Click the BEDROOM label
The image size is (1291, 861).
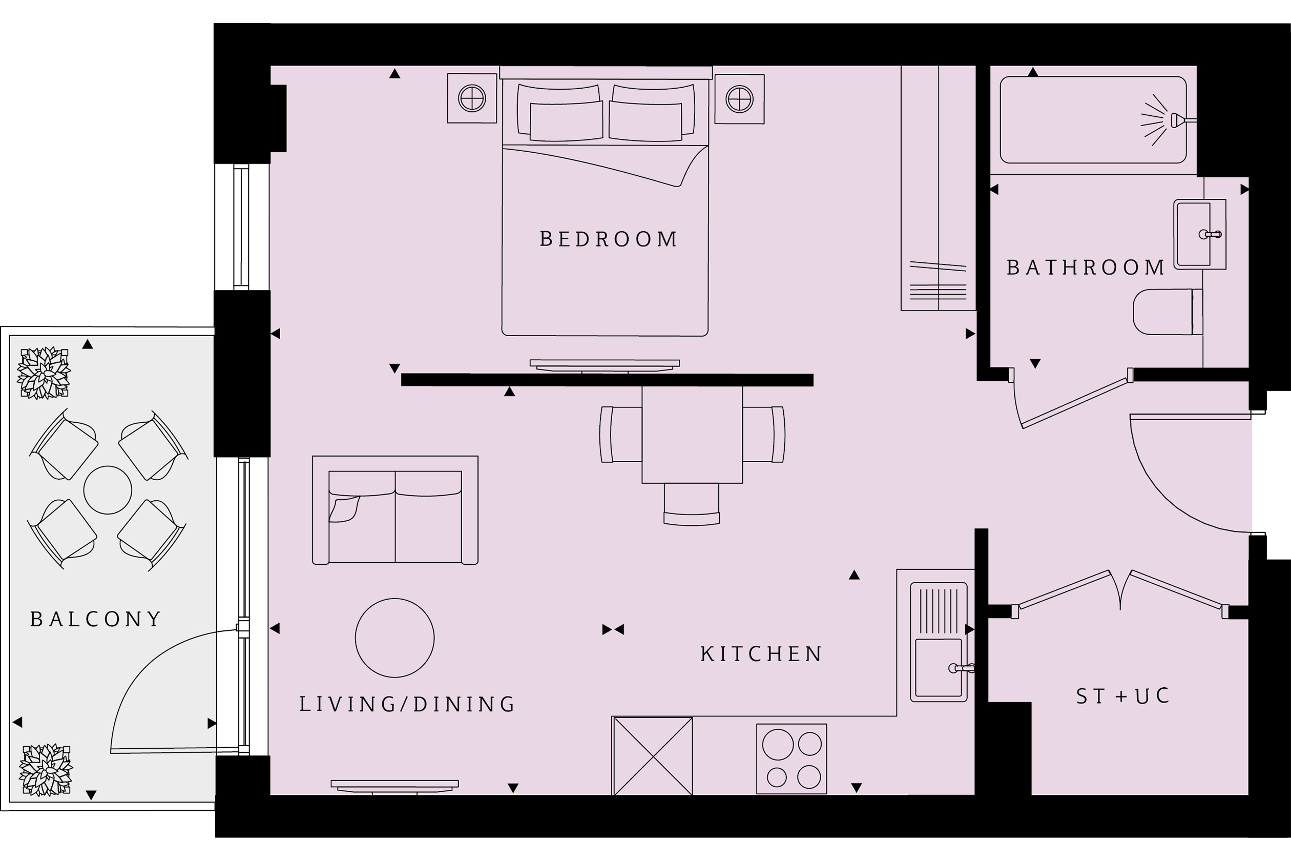(608, 239)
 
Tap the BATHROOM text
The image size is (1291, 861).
(1086, 268)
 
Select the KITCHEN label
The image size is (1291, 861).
(761, 654)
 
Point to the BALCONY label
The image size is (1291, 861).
(95, 620)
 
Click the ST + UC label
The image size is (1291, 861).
(1123, 696)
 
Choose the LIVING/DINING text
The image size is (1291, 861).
(407, 705)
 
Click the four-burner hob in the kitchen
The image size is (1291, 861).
(792, 759)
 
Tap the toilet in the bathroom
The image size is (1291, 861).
(1168, 312)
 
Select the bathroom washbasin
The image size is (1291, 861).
(1199, 235)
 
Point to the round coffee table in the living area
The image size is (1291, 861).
(394, 638)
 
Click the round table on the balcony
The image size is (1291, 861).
(108, 490)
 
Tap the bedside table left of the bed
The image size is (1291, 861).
(472, 98)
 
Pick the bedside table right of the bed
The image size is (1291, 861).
(739, 99)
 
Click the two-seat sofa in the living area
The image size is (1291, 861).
(395, 510)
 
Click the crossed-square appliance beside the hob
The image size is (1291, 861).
(653, 756)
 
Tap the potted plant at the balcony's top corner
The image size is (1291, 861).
(44, 373)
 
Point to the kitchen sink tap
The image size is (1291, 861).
(961, 668)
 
